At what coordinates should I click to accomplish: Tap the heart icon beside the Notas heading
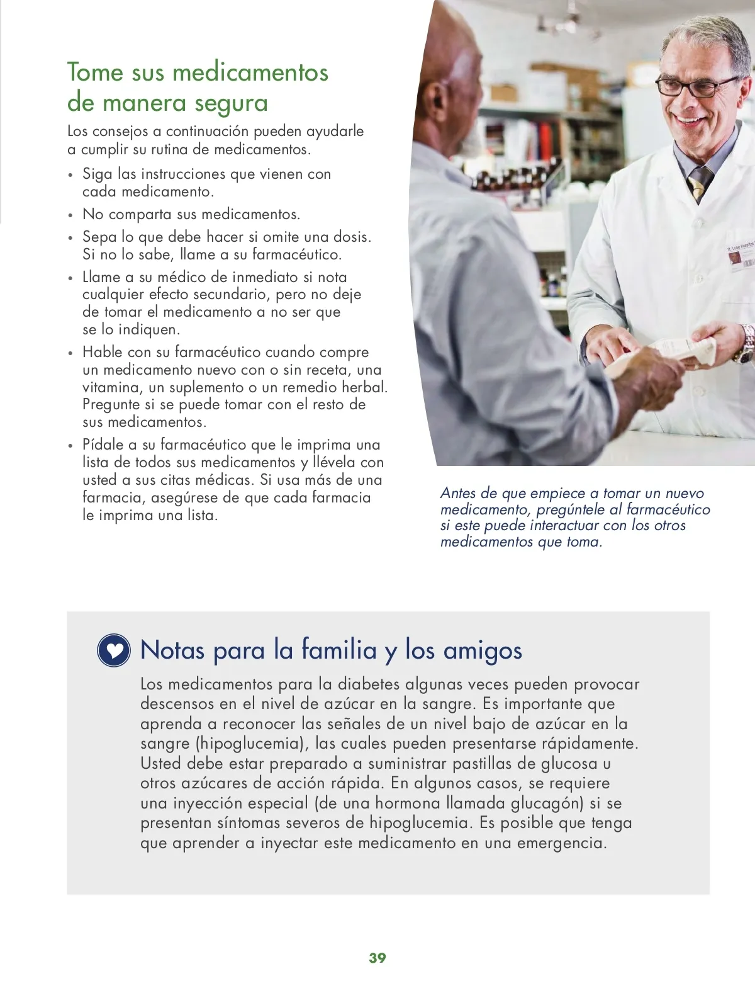(x=114, y=650)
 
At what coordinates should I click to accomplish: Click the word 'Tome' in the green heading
(x=95, y=72)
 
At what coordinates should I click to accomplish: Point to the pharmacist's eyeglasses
(x=695, y=86)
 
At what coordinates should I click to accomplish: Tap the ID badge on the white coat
(x=741, y=258)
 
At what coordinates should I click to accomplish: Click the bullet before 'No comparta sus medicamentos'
(x=70, y=215)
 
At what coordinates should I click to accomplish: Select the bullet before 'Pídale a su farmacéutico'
(x=70, y=446)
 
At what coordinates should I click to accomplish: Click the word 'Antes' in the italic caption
(x=458, y=493)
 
